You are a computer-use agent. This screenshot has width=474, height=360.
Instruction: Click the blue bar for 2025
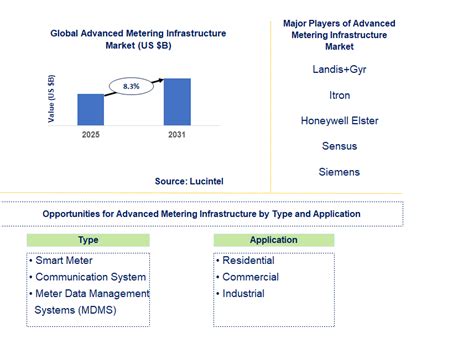click(91, 108)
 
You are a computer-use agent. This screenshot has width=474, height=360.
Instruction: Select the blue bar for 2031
click(177, 100)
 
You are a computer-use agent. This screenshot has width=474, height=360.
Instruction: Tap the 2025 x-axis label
click(91, 133)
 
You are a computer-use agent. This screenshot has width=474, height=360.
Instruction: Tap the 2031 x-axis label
click(177, 133)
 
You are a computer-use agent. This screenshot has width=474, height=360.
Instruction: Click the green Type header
click(88, 240)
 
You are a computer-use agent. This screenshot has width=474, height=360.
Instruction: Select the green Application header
click(274, 240)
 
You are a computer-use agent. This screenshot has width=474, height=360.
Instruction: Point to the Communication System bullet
click(90, 277)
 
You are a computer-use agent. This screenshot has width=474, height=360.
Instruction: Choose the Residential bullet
click(249, 261)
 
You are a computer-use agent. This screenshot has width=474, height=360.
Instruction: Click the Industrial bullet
click(243, 293)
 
